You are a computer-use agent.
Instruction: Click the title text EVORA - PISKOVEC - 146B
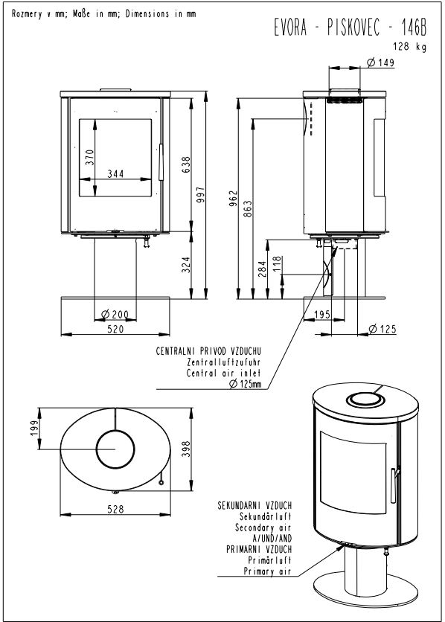tap(350, 28)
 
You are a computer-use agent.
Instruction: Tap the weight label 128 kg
tap(410, 47)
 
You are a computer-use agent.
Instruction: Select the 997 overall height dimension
tap(201, 195)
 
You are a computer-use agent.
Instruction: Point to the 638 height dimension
tap(186, 164)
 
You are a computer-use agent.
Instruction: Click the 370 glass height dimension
tap(90, 158)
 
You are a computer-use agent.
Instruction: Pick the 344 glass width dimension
tap(115, 173)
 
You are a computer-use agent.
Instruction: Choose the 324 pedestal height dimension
tap(186, 265)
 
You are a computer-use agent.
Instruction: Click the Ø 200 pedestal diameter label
tap(115, 315)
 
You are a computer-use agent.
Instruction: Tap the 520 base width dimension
tap(115, 329)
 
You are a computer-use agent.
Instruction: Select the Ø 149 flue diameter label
tap(381, 62)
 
